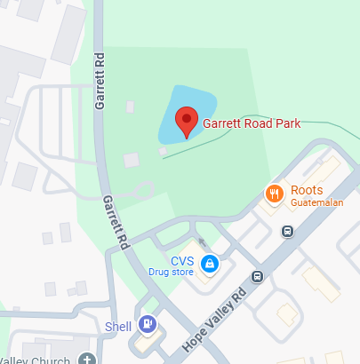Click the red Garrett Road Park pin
pos(186,122)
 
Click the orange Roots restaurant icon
pos(275,192)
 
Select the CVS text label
pos(182,260)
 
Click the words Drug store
pos(172,272)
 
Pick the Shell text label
pos(117,325)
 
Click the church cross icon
pos(86,358)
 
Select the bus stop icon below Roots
pos(287,232)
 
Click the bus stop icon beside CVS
pos(257,276)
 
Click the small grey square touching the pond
pos(162,151)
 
